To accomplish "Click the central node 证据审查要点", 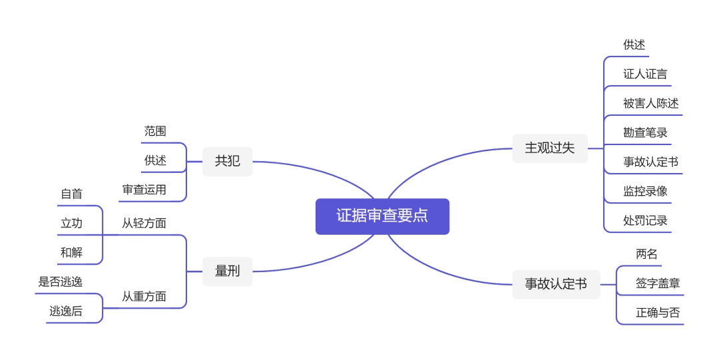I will [382, 216].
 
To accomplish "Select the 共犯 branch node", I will [227, 161].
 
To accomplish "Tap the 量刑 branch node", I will [227, 271].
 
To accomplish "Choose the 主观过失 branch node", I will [549, 148].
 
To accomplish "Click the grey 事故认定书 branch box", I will [556, 284].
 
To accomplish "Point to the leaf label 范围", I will [155, 131].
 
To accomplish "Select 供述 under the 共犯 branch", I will [155, 160].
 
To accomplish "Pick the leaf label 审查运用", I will [144, 190].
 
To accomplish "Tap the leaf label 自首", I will [71, 194].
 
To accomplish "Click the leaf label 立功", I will [71, 223].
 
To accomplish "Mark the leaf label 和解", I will [71, 252].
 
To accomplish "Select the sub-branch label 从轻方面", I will [144, 223].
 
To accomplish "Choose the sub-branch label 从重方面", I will [144, 296].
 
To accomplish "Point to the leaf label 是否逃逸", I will [60, 281].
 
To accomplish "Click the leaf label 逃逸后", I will [66, 311].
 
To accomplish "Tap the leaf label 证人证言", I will [645, 74].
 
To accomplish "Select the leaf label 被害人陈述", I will [650, 103].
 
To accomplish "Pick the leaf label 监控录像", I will [645, 191].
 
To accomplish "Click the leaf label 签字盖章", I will [658, 283].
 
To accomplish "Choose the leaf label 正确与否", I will [658, 312].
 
